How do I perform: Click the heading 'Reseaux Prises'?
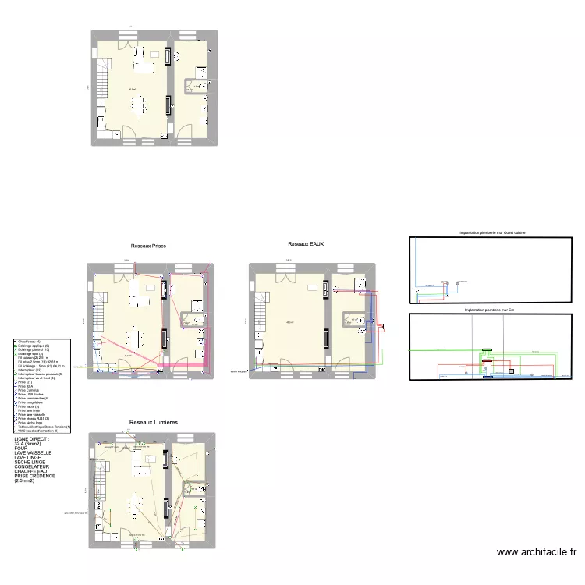pyautogui.click(x=148, y=246)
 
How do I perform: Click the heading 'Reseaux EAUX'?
pyautogui.click(x=306, y=244)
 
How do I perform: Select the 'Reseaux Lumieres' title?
pyautogui.click(x=154, y=422)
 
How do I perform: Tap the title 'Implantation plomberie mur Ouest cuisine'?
pyautogui.click(x=493, y=233)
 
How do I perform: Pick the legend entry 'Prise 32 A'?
pyautogui.click(x=27, y=386)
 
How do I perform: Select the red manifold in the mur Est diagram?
pyautogui.click(x=491, y=361)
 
